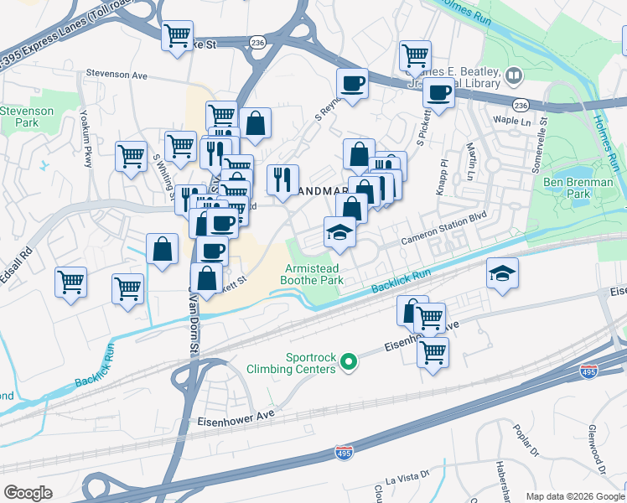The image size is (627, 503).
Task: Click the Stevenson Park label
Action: pos(26,117)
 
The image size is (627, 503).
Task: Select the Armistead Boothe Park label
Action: pos(311,273)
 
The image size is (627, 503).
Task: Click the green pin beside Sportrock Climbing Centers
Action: pos(350,362)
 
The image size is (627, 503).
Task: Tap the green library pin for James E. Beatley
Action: pos(513,79)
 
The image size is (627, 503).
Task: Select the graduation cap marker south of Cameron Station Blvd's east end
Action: pos(502,272)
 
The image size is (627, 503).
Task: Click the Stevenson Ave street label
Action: pos(116,75)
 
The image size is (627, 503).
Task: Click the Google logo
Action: pos(28,492)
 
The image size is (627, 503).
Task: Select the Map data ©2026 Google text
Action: pos(574,496)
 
